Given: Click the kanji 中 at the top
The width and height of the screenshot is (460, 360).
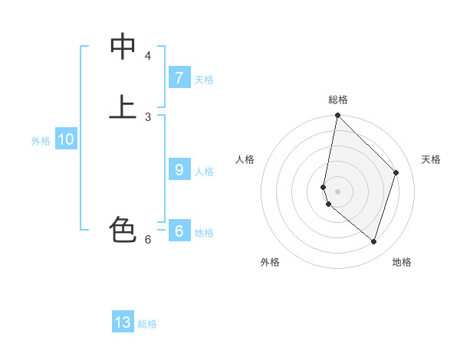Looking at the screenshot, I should point(123,47).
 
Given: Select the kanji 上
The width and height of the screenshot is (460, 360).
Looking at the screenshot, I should point(123,107).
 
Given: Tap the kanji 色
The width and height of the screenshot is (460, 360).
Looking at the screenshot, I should point(123,229).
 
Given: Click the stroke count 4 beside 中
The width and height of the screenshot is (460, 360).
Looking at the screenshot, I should point(148,56).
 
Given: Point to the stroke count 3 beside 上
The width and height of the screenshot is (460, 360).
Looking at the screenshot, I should point(148,116).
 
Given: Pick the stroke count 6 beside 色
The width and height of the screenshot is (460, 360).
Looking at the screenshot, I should point(148,239).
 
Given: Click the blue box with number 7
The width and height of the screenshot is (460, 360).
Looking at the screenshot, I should point(179,78).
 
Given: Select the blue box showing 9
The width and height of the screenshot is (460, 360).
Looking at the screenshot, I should point(179,170).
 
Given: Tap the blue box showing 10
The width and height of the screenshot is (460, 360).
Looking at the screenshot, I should point(65,140).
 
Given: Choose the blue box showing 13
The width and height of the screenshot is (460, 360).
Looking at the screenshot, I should point(123,322).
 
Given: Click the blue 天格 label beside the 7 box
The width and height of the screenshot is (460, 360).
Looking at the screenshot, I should point(204,80).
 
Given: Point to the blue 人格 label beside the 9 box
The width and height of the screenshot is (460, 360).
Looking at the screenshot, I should point(204,172).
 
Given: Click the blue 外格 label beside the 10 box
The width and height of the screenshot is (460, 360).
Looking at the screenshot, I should point(41,141).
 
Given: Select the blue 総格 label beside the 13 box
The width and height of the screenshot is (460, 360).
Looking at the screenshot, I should point(147,324).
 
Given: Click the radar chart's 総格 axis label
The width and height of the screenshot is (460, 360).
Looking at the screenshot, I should point(338,100).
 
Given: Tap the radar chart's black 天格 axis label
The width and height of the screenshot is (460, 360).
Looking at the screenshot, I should point(431,159).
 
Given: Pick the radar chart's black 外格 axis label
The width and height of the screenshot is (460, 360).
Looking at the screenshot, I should point(270,262).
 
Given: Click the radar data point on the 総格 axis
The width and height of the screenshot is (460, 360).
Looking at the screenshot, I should point(337,115).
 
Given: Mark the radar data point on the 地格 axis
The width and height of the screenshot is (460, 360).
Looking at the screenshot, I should point(374,241).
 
